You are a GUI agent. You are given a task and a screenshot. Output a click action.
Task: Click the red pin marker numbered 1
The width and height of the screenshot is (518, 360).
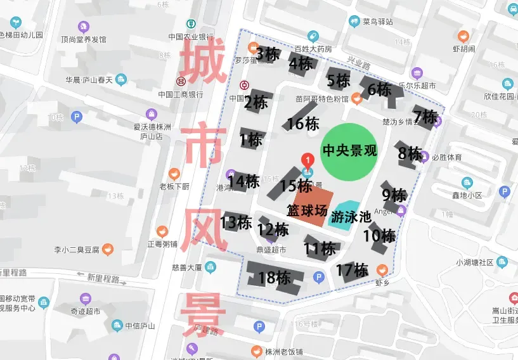(x=308, y=161)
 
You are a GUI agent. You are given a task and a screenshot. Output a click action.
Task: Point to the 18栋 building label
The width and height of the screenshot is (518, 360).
(x=274, y=278)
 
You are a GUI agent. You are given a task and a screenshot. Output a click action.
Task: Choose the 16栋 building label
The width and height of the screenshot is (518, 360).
(x=302, y=124)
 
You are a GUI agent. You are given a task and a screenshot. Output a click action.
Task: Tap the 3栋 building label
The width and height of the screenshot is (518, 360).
(x=268, y=54)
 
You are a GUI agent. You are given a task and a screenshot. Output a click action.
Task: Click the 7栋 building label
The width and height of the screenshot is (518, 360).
(x=425, y=117)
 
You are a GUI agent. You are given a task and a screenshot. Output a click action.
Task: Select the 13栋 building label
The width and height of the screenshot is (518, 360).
(x=236, y=222)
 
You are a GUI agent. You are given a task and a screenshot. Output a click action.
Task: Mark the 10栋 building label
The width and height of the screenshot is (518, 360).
(x=379, y=236)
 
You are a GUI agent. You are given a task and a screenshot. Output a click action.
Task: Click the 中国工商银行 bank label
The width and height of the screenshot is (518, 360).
(x=180, y=94)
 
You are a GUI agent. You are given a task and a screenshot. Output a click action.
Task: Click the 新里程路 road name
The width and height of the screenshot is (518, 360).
(x=104, y=278)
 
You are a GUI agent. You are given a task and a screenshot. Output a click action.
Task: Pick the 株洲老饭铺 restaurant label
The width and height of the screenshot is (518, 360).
(x=283, y=352)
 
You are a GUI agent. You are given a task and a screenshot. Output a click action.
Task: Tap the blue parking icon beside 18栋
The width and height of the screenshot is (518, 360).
(x=319, y=276)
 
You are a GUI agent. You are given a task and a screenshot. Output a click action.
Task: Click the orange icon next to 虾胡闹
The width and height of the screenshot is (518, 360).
(x=464, y=35)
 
